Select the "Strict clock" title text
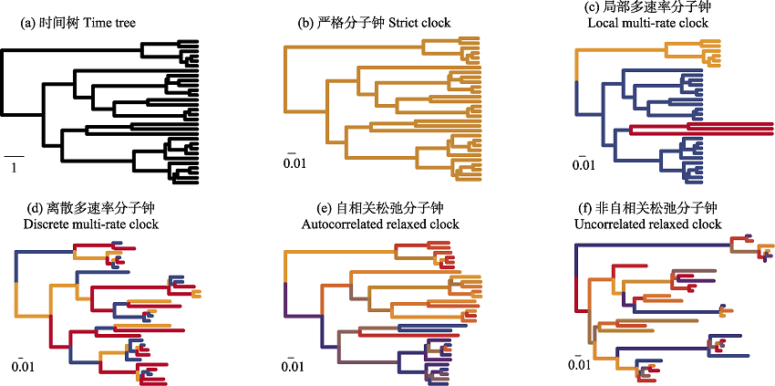tap(419, 23)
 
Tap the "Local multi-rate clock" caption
tap(648, 23)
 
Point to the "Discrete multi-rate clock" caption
tap(91, 224)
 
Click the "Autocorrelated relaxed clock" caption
tap(380, 224)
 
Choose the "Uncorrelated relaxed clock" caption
tap(648, 224)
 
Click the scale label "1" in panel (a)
tap(14, 168)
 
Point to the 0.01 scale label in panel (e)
tap(293, 367)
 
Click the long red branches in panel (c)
tap(702, 128)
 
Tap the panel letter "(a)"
tap(27, 23)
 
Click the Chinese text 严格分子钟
tap(351, 23)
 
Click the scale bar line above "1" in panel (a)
tap(14, 157)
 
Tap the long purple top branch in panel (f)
tap(654, 244)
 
